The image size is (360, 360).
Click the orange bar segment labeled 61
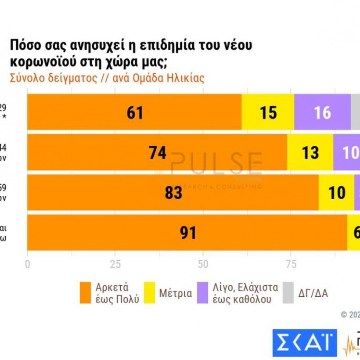coord(134,112)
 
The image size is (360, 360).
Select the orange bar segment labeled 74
coord(157,152)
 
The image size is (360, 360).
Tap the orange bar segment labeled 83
coord(173,192)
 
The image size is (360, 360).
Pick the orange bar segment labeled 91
coord(187,233)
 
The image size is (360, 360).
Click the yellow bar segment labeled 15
coord(268,112)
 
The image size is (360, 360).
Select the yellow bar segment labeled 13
coord(310,152)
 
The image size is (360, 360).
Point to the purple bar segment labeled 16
coord(322,112)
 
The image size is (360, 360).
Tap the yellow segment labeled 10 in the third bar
coord(336,192)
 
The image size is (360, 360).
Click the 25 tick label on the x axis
coord(115,264)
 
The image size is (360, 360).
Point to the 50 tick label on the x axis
coord(203,264)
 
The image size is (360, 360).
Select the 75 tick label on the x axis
coord(290,264)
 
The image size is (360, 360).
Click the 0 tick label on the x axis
coord(28,264)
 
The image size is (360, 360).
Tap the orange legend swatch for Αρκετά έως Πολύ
coord(86,293)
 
